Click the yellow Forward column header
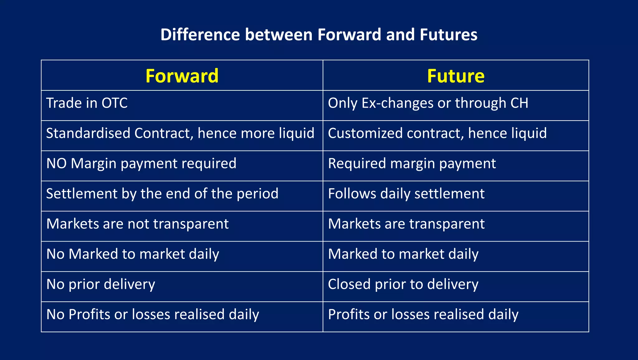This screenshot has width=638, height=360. coord(182,76)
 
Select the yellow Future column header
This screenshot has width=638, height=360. coord(455,76)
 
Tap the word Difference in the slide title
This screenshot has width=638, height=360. coord(200,35)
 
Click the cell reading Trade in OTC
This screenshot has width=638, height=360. coord(87,103)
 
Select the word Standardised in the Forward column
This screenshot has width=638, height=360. coord(88,133)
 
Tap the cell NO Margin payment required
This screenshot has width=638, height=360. coord(141,164)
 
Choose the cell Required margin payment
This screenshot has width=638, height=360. coord(412,164)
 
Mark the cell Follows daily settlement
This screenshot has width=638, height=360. coord(406,194)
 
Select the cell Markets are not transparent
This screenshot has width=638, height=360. coord(137,224)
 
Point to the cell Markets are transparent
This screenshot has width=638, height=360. coord(406,224)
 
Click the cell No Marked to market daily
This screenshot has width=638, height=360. coord(133,254)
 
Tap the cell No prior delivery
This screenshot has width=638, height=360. coord(101,284)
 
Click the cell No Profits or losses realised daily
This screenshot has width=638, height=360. coord(153,314)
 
